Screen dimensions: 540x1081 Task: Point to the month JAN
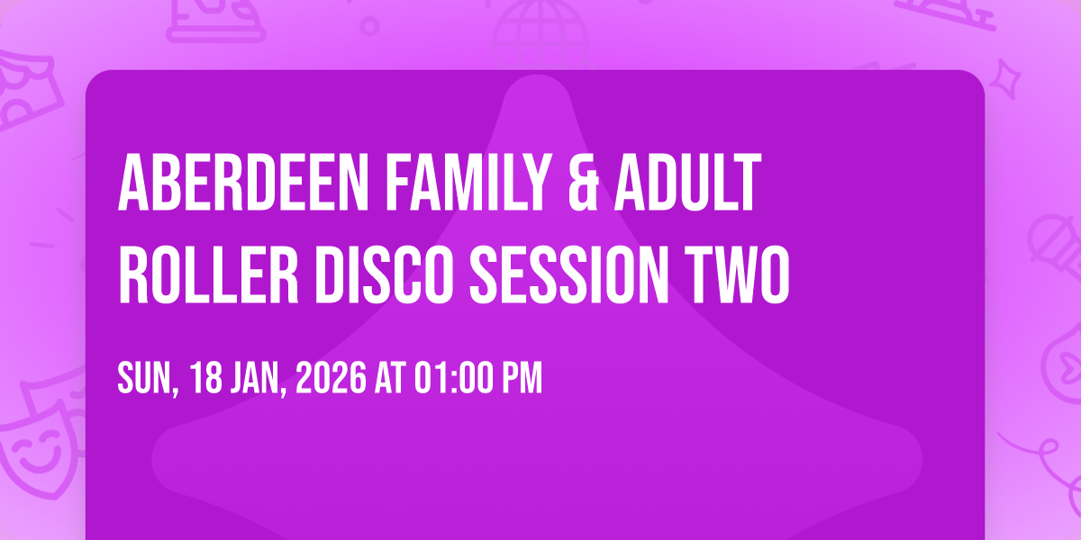258,379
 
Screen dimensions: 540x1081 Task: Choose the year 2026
332,379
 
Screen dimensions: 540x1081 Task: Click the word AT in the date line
391,379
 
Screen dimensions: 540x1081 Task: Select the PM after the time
523,379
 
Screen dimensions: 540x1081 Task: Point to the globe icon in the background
539,25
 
